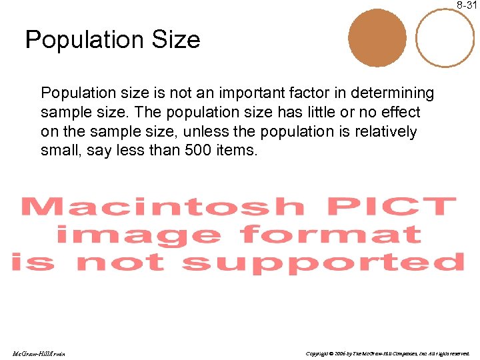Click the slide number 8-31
[x=467, y=5]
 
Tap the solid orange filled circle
[x=377, y=39]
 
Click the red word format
[x=331, y=235]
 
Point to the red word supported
[x=323, y=262]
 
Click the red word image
[x=138, y=235]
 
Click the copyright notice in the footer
[x=387, y=353]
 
